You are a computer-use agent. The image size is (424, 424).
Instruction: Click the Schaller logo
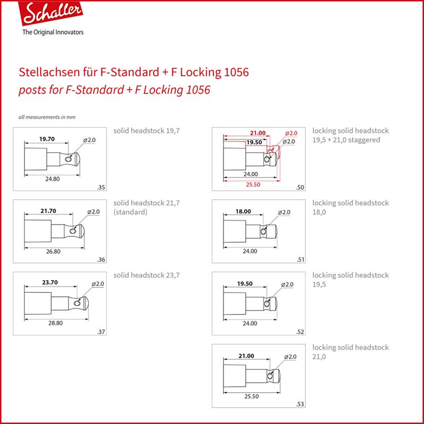[51, 13]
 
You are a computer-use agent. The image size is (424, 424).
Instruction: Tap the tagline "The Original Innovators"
[53, 32]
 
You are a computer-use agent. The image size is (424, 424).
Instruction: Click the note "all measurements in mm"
[47, 117]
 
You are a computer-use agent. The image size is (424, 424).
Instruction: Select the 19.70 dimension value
[47, 139]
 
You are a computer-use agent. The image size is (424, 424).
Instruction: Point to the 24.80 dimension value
[52, 179]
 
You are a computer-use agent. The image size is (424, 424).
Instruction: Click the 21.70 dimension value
[48, 210]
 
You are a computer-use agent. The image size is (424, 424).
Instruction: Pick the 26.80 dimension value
[54, 251]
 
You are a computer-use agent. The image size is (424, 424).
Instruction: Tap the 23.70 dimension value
[50, 282]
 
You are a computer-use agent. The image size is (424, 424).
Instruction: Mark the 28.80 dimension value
[56, 323]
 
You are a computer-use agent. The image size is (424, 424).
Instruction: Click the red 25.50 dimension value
[253, 184]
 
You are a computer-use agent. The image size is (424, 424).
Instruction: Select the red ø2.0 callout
[291, 133]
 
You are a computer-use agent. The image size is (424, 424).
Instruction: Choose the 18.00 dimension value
[243, 211]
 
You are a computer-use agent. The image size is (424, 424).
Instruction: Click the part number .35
[101, 188]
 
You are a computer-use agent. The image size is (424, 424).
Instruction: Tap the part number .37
[101, 332]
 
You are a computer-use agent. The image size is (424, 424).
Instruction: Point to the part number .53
[300, 404]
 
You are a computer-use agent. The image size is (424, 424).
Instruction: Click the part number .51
[301, 260]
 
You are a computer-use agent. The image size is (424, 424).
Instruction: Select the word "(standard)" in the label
[130, 212]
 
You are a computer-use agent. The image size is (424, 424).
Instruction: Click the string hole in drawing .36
[72, 231]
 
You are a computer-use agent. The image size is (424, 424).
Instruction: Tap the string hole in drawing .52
[267, 304]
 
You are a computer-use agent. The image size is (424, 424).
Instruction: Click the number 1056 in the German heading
[235, 72]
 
